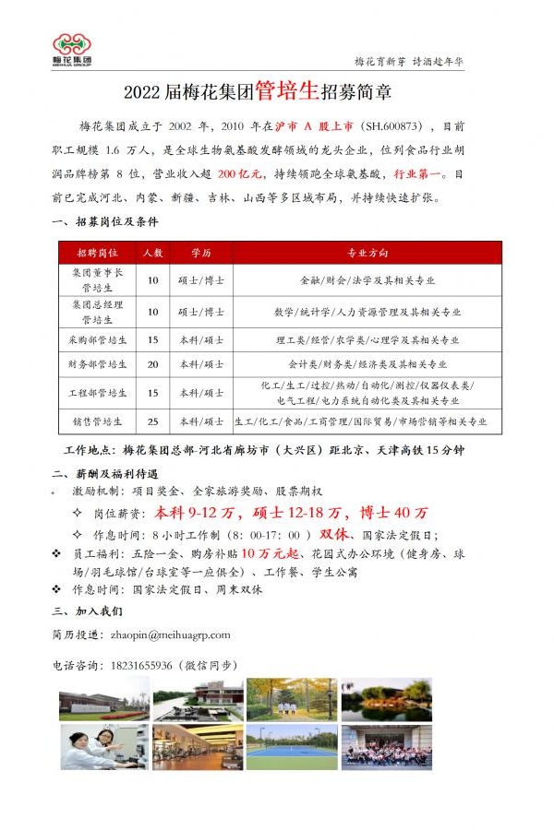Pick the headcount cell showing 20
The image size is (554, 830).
[153, 364]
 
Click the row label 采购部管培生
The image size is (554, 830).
[97, 338]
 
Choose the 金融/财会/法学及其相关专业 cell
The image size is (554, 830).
[367, 279]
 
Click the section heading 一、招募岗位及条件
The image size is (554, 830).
[105, 222]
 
